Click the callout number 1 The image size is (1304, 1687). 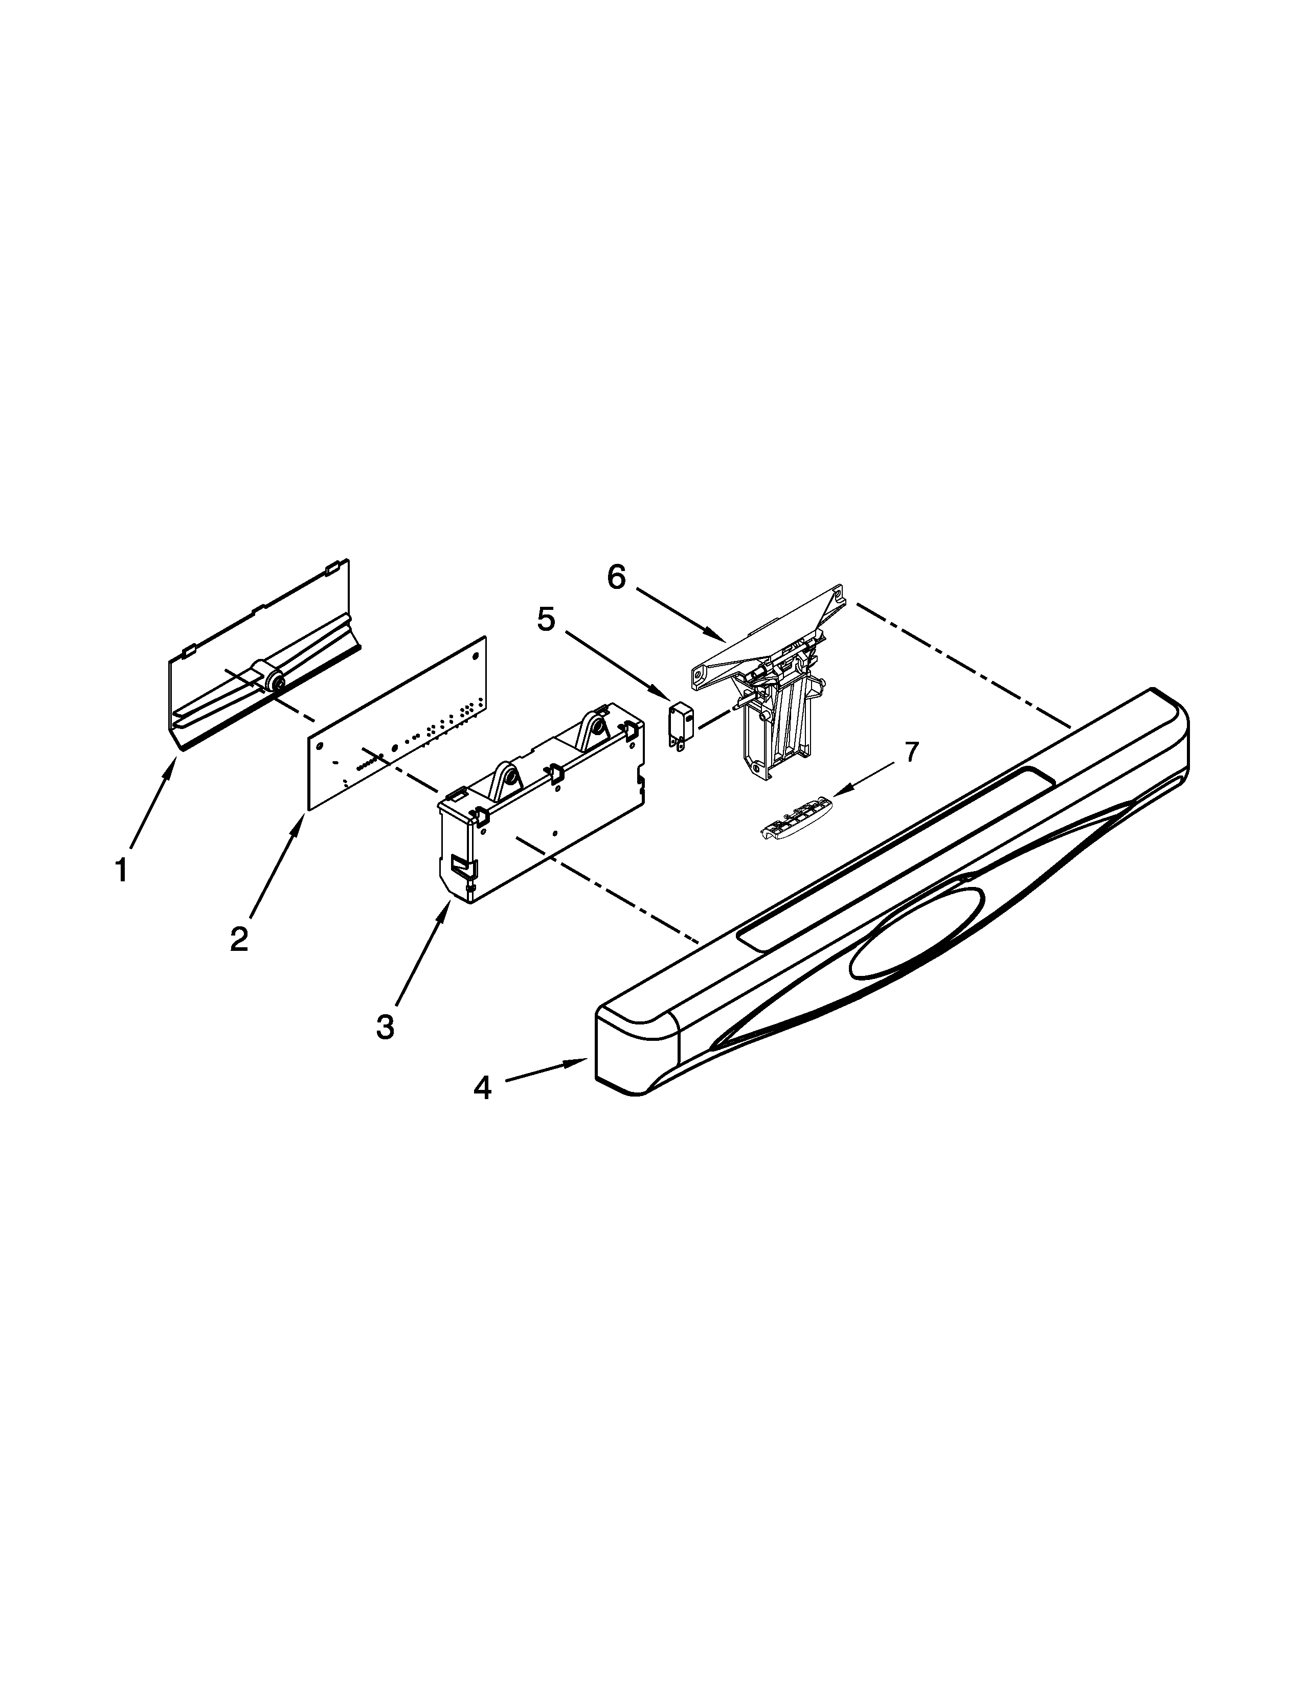pos(121,871)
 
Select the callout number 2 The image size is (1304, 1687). pos(239,939)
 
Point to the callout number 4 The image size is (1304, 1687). pos(482,1087)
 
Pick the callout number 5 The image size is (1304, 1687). pos(546,620)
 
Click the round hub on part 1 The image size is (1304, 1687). pos(272,682)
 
